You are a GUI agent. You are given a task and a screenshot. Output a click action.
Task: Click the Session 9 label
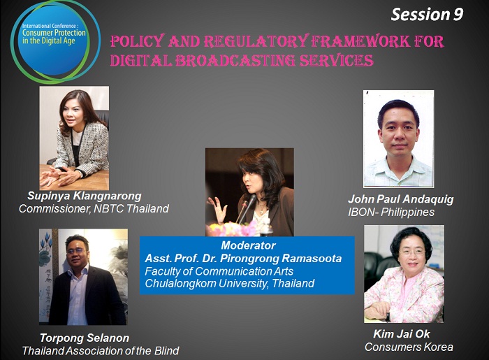click(427, 15)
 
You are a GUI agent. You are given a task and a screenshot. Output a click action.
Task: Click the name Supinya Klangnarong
click(85, 196)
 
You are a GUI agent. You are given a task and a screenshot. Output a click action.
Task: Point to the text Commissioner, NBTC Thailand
click(94, 208)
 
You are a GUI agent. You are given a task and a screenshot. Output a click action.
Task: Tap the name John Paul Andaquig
click(401, 199)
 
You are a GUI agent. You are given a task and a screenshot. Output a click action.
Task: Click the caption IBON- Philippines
click(391, 212)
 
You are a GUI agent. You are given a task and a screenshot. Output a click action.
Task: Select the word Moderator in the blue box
click(248, 245)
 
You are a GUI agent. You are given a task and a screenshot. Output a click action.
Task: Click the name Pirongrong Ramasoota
click(281, 259)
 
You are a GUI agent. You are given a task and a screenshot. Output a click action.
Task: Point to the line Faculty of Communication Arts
click(219, 271)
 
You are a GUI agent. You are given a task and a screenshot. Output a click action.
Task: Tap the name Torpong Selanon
click(85, 338)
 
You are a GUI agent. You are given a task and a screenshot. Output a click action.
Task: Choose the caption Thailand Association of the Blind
click(101, 351)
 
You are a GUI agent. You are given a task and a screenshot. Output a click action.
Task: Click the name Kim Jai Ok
click(402, 334)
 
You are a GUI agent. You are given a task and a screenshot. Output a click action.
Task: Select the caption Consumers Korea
click(409, 347)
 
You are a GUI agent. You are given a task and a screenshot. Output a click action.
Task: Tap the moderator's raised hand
click(218, 209)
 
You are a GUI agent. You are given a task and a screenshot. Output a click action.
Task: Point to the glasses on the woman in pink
click(411, 252)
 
